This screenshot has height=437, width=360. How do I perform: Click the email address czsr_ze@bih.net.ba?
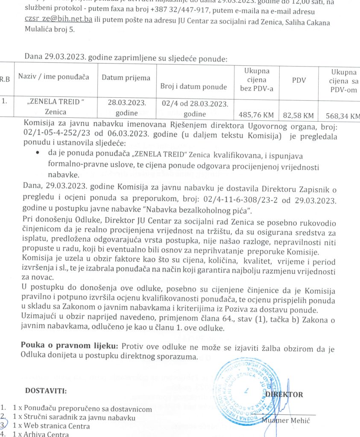(x=58, y=20)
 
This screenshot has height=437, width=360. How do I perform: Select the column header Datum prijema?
(x=126, y=78)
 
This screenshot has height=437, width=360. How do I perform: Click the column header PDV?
(x=299, y=80)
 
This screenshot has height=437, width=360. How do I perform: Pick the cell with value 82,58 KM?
(x=299, y=115)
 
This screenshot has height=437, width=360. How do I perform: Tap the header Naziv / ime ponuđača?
(x=54, y=77)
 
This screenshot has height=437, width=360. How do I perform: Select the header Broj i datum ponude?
(x=193, y=87)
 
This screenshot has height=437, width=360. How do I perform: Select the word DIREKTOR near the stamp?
(x=284, y=394)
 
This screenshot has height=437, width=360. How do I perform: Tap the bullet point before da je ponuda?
(x=39, y=152)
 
